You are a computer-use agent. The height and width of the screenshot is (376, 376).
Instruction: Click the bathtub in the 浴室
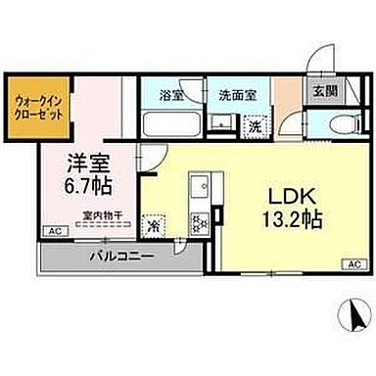coord(167,125)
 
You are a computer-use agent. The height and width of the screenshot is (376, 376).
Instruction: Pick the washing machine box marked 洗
coord(253,124)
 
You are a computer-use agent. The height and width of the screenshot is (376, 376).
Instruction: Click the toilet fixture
coord(330,125)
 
